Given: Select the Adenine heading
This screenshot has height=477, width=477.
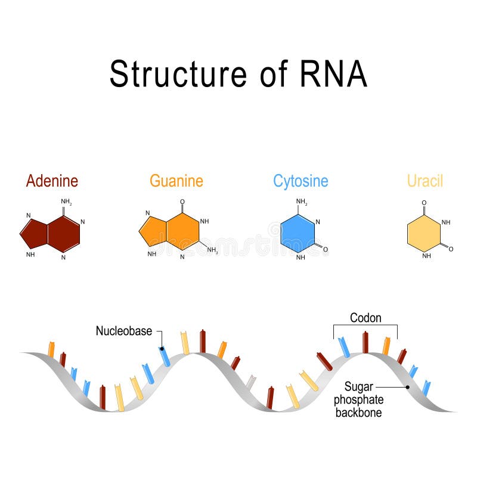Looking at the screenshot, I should (x=52, y=180).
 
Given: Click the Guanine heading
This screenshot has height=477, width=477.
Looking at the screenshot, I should (x=176, y=180).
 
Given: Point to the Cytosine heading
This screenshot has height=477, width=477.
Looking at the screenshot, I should (x=301, y=180).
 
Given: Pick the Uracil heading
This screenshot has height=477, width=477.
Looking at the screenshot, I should (x=425, y=180).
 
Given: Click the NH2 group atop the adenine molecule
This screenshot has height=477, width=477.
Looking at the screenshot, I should (x=67, y=202).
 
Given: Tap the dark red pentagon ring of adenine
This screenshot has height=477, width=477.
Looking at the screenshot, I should (x=35, y=233).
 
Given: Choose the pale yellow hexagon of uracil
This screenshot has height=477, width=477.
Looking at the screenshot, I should (x=423, y=234).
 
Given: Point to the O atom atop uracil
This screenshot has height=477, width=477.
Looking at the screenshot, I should (x=424, y=203).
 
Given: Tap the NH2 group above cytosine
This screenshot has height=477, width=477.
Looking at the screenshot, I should (x=302, y=202).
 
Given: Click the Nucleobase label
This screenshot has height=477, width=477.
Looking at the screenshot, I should (x=124, y=331).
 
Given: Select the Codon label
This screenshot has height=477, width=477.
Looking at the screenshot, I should (x=366, y=318).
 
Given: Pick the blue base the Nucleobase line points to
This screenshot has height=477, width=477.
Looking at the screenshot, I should (x=165, y=356).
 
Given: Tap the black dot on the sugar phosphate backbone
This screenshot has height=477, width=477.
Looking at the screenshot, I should (x=408, y=386).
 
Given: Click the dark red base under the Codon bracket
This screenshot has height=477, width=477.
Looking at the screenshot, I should (x=366, y=342).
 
